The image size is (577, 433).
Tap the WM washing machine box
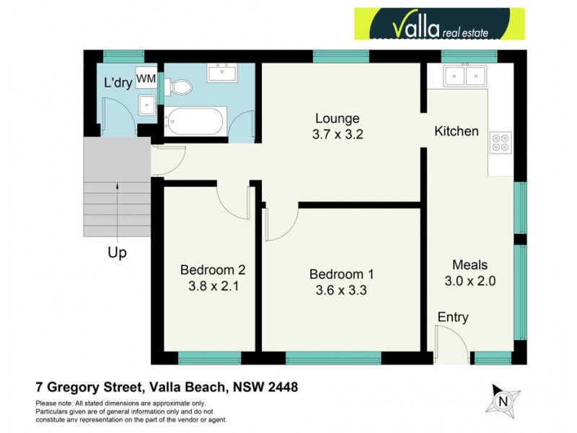pyautogui.click(x=146, y=78)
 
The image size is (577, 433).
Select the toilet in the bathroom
pyautogui.click(x=180, y=87)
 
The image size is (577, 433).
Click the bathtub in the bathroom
pyautogui.click(x=195, y=121)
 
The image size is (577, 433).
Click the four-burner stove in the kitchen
pyautogui.click(x=500, y=143)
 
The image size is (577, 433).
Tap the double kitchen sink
pyautogui.click(x=465, y=74)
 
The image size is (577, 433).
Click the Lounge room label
pyautogui.click(x=337, y=118)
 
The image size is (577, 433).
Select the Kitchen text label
pyautogui.click(x=456, y=131)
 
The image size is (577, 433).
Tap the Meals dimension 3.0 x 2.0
pyautogui.click(x=471, y=281)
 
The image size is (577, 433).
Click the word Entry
pyautogui.click(x=453, y=318)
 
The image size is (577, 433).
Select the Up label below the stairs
pyautogui.click(x=117, y=253)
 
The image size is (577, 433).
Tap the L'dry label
pyautogui.click(x=117, y=83)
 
